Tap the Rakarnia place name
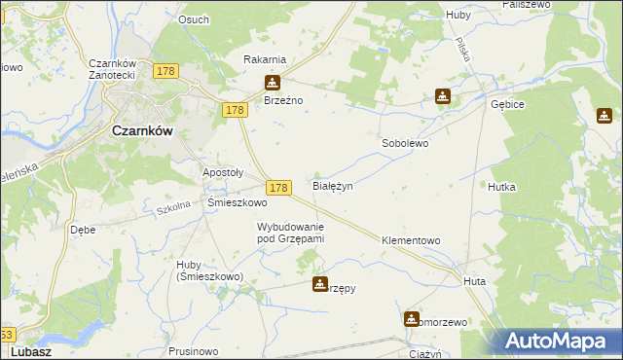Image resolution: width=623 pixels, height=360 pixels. [264, 59]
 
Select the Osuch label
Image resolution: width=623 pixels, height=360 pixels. [194, 18]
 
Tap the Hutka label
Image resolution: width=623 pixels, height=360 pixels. [501, 186]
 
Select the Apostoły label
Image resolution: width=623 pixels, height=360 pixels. [222, 172]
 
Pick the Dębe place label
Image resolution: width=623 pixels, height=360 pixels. [82, 231]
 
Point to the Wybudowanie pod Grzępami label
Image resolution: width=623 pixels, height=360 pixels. [290, 232]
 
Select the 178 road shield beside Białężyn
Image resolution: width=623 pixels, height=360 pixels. [277, 187]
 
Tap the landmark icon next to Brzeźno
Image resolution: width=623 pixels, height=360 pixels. [273, 83]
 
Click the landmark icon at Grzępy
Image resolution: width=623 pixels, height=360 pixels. [319, 284]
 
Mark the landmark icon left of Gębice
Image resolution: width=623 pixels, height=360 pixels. [442, 96]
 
